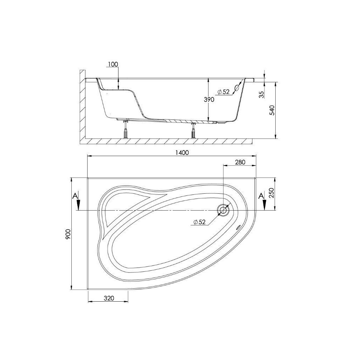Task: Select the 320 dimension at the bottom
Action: (109, 298)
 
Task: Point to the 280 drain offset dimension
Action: (240, 162)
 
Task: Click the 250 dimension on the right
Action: (271, 193)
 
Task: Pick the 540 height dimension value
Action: (272, 110)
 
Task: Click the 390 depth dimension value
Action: (209, 99)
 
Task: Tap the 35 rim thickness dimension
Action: (262, 94)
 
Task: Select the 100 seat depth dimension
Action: (113, 64)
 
